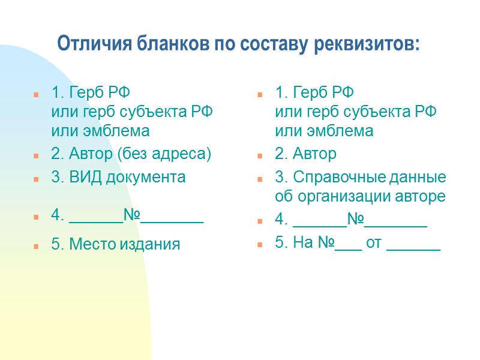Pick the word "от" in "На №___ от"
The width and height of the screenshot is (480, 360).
pyautogui.click(x=374, y=244)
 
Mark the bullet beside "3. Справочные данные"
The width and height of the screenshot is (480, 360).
pyautogui.click(x=260, y=179)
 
